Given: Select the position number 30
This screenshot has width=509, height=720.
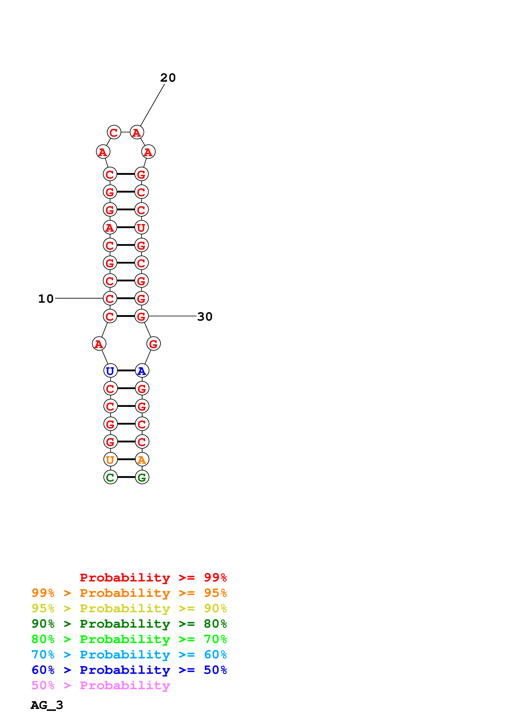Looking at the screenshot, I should (x=205, y=316).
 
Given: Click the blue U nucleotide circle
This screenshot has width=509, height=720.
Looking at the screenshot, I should (x=110, y=371).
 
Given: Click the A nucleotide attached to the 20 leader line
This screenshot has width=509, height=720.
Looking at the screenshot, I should (x=137, y=132).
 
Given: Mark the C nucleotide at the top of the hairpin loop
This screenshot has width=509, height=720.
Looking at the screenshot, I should (x=114, y=132).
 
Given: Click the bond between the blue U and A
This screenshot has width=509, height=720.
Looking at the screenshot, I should (x=126, y=371).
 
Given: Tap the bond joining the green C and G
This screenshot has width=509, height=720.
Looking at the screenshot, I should (x=126, y=477).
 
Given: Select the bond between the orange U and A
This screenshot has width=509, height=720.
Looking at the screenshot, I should (x=126, y=459).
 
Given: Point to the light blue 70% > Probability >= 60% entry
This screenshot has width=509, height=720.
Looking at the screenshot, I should (x=129, y=655).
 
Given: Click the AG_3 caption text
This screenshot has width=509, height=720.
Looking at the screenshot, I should (x=47, y=705).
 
